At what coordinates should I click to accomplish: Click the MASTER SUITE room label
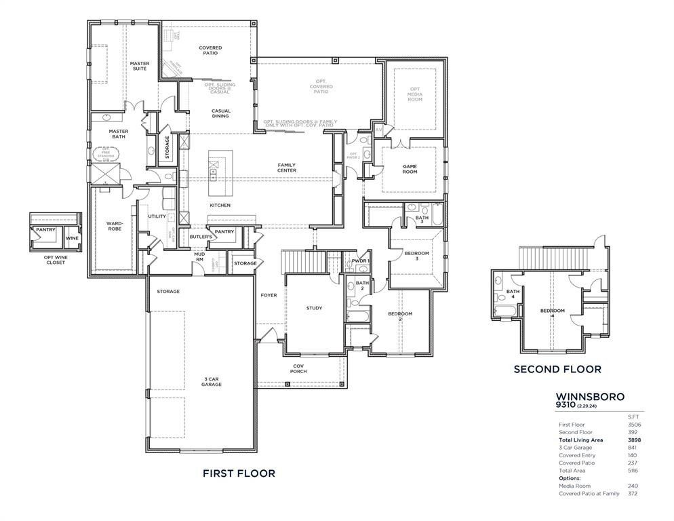tap(140, 66)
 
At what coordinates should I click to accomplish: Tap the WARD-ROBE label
tap(113, 227)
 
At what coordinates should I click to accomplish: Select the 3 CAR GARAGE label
tap(212, 381)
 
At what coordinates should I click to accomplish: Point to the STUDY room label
tap(314, 308)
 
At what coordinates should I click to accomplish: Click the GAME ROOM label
tap(410, 169)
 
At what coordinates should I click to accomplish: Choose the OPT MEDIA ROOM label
tap(414, 94)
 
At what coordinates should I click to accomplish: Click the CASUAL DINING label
tap(221, 113)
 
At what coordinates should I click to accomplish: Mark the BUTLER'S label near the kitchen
tap(200, 237)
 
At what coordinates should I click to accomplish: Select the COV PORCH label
tap(298, 368)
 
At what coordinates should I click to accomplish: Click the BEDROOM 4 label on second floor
tap(552, 313)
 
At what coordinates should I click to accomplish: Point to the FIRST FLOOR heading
tap(239, 474)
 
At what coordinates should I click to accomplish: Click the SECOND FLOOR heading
tap(557, 370)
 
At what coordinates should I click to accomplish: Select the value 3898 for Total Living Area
tap(634, 440)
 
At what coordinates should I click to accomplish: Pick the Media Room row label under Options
tap(574, 486)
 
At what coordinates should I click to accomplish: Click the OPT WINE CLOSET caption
tap(56, 260)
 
